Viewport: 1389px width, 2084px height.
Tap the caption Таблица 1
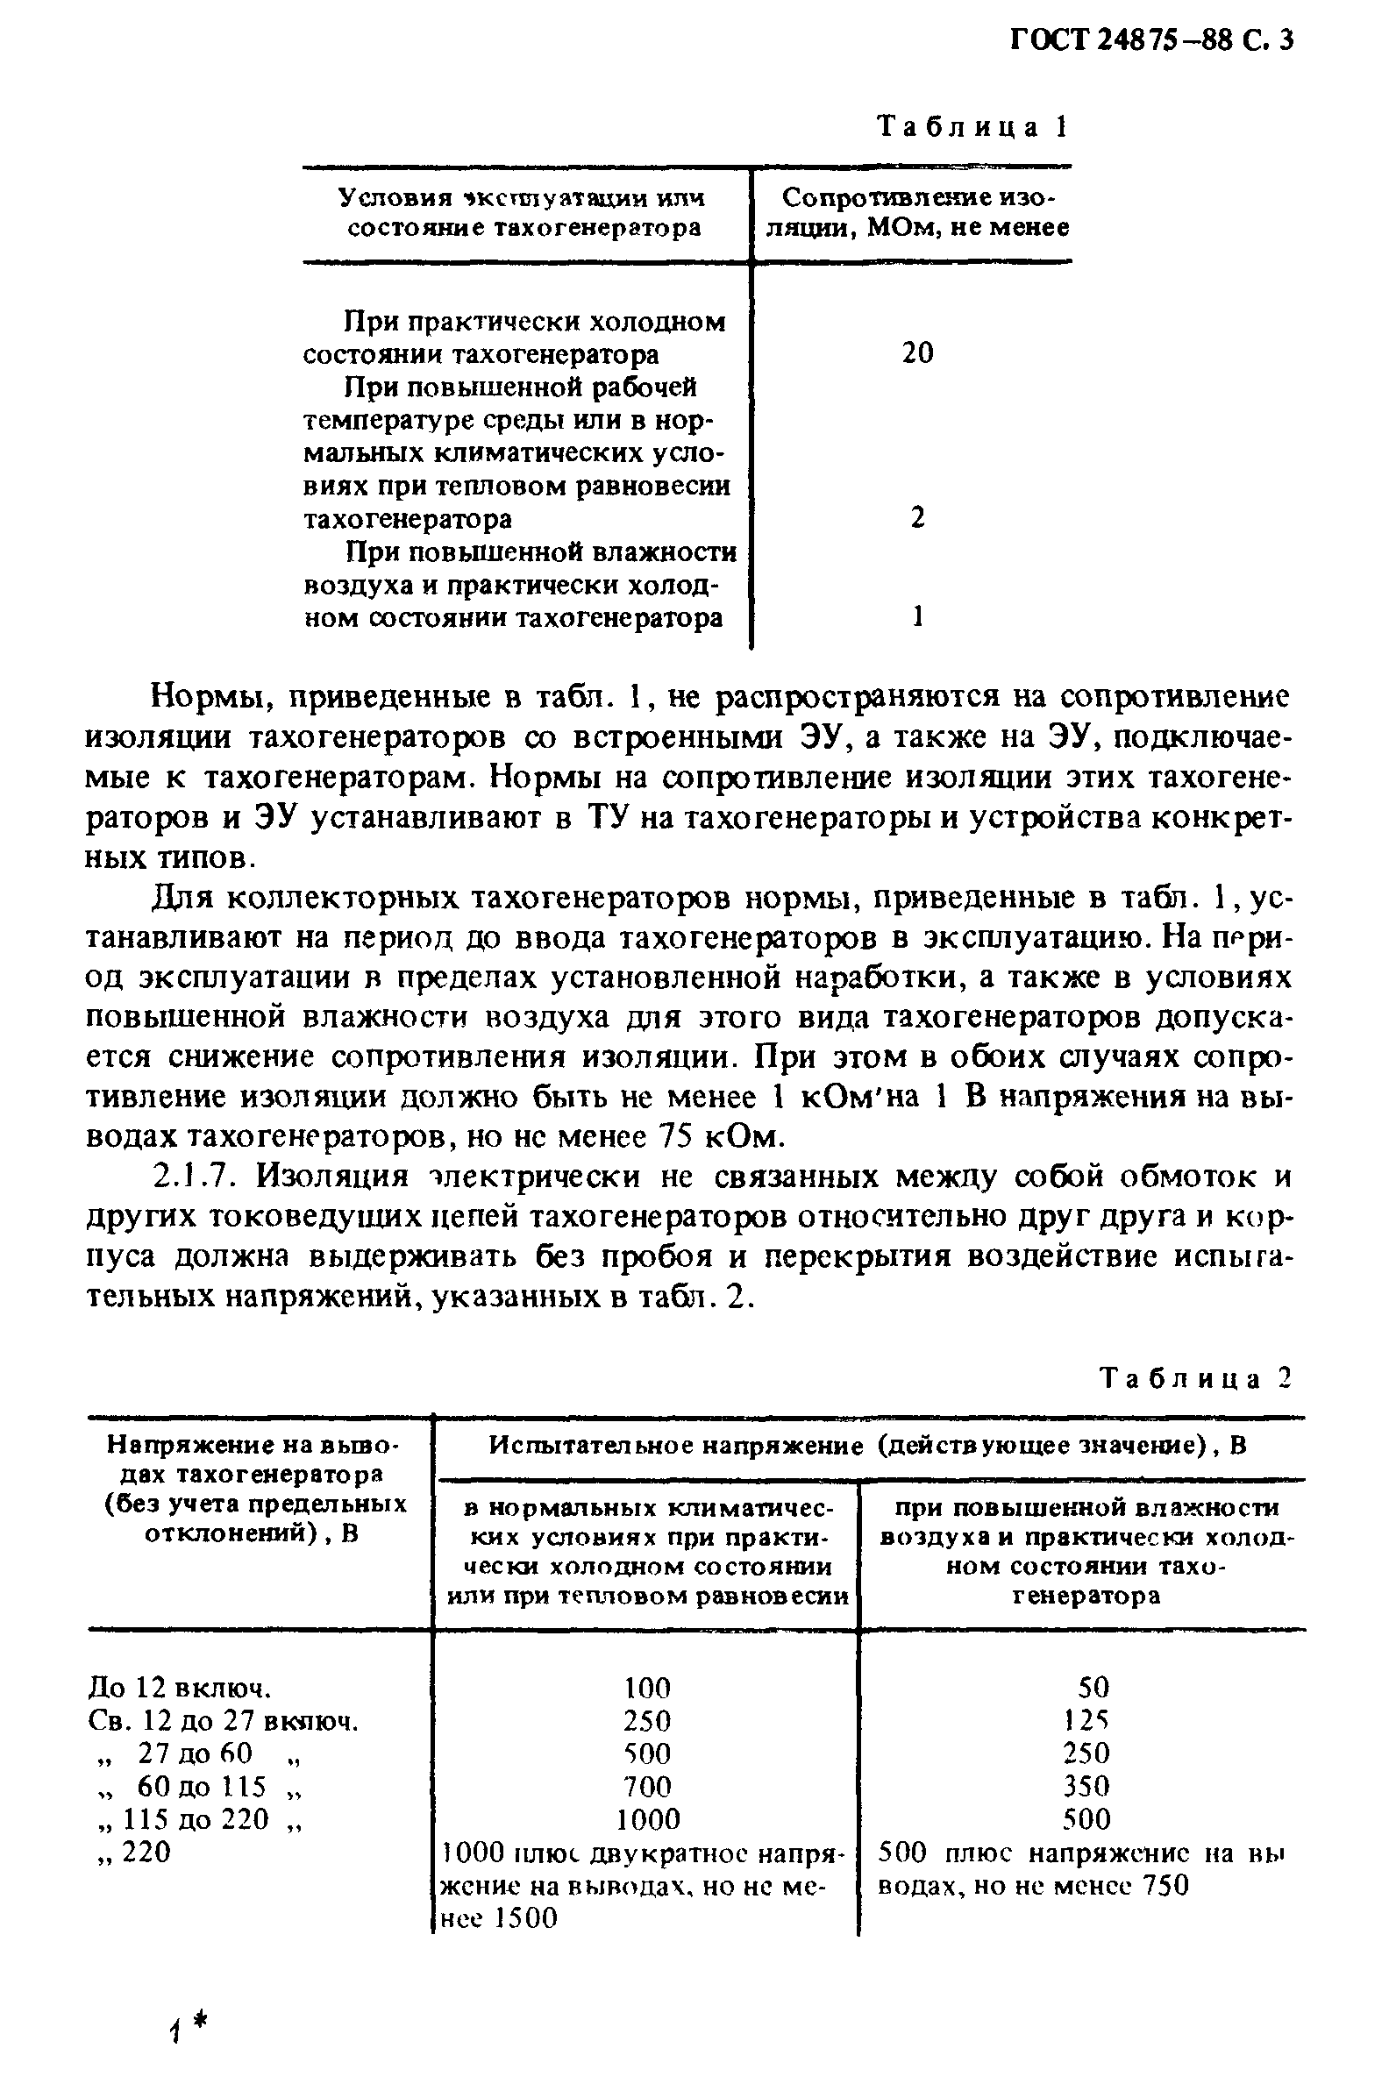click(x=972, y=127)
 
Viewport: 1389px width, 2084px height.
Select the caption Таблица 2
click(x=1196, y=1378)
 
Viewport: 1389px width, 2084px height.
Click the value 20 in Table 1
click(x=918, y=353)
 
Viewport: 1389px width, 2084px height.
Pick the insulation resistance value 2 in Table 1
click(x=918, y=517)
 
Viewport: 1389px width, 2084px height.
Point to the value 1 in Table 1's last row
click(x=918, y=616)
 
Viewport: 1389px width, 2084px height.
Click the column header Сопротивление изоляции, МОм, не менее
click(x=918, y=212)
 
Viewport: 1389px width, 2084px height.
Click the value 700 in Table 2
click(x=647, y=1786)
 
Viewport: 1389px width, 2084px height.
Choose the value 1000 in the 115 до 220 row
click(x=647, y=1819)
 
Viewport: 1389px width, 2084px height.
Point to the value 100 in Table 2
click(x=647, y=1686)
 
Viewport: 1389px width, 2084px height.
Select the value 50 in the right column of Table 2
click(x=1088, y=1686)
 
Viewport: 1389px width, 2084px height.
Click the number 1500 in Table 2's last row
click(x=525, y=1918)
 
